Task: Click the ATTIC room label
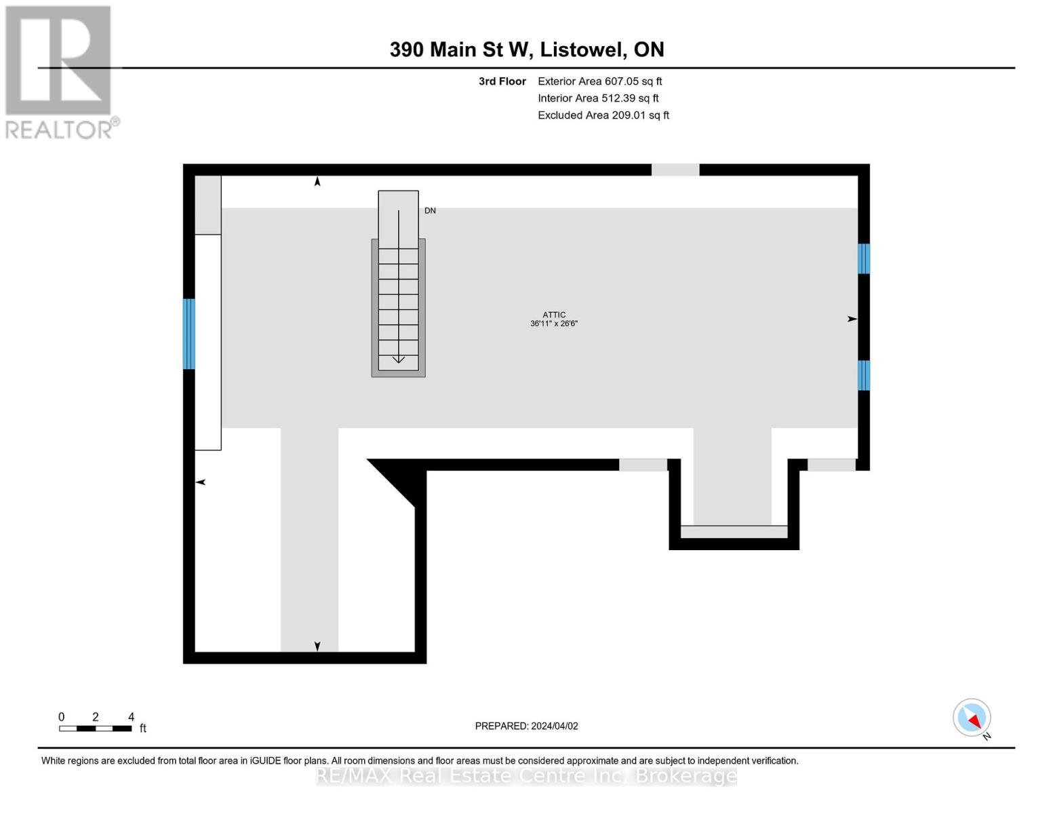[x=554, y=315]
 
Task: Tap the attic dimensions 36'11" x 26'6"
[x=554, y=324]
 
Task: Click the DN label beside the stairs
[x=430, y=210]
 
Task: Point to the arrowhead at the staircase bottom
[x=398, y=360]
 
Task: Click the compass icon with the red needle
[x=972, y=718]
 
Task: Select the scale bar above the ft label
[x=96, y=728]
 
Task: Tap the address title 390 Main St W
[x=461, y=50]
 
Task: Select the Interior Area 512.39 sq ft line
[x=598, y=98]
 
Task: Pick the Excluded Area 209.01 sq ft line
[x=603, y=115]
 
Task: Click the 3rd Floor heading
[x=502, y=81]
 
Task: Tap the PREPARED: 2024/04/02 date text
[x=526, y=726]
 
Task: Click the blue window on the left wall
[x=189, y=334]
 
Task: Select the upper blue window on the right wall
[x=864, y=259]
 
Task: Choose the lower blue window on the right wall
[x=864, y=375]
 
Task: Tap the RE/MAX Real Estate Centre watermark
[x=526, y=776]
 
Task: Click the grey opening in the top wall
[x=675, y=170]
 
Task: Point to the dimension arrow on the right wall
[x=852, y=319]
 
